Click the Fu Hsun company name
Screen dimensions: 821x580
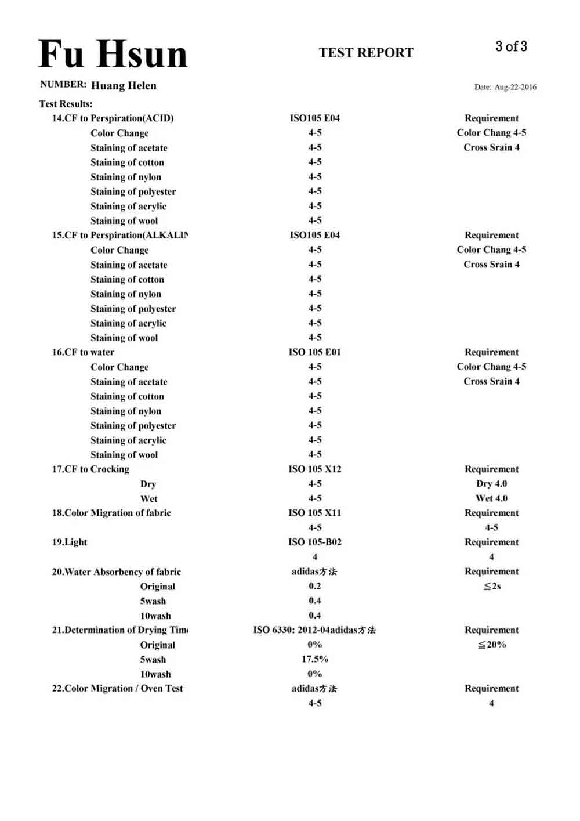click(x=113, y=55)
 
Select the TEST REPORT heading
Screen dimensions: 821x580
click(x=366, y=53)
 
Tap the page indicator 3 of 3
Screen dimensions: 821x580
click(x=511, y=46)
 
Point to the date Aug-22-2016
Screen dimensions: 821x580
click(x=515, y=87)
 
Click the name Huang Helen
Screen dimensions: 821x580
click(x=124, y=85)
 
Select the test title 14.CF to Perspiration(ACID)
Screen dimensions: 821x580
click(x=113, y=118)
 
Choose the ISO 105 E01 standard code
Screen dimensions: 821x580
click(x=315, y=352)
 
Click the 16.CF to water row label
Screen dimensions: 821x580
click(x=83, y=352)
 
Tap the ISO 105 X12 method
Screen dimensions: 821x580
click(x=315, y=469)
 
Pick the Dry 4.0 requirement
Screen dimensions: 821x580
click(x=491, y=484)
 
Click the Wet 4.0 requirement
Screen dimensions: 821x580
click(x=491, y=498)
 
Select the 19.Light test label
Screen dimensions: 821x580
click(x=70, y=542)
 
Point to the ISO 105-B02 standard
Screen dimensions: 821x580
click(x=315, y=542)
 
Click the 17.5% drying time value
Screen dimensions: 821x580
click(x=315, y=659)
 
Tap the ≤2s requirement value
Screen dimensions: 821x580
click(x=492, y=586)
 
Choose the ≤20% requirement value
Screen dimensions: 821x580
click(x=492, y=645)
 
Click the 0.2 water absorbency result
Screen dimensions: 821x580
click(x=315, y=586)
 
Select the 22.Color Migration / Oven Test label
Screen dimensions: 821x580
click(x=117, y=689)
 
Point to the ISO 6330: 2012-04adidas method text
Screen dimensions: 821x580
click(x=314, y=630)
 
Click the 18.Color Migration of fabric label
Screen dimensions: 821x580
click(x=111, y=513)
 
